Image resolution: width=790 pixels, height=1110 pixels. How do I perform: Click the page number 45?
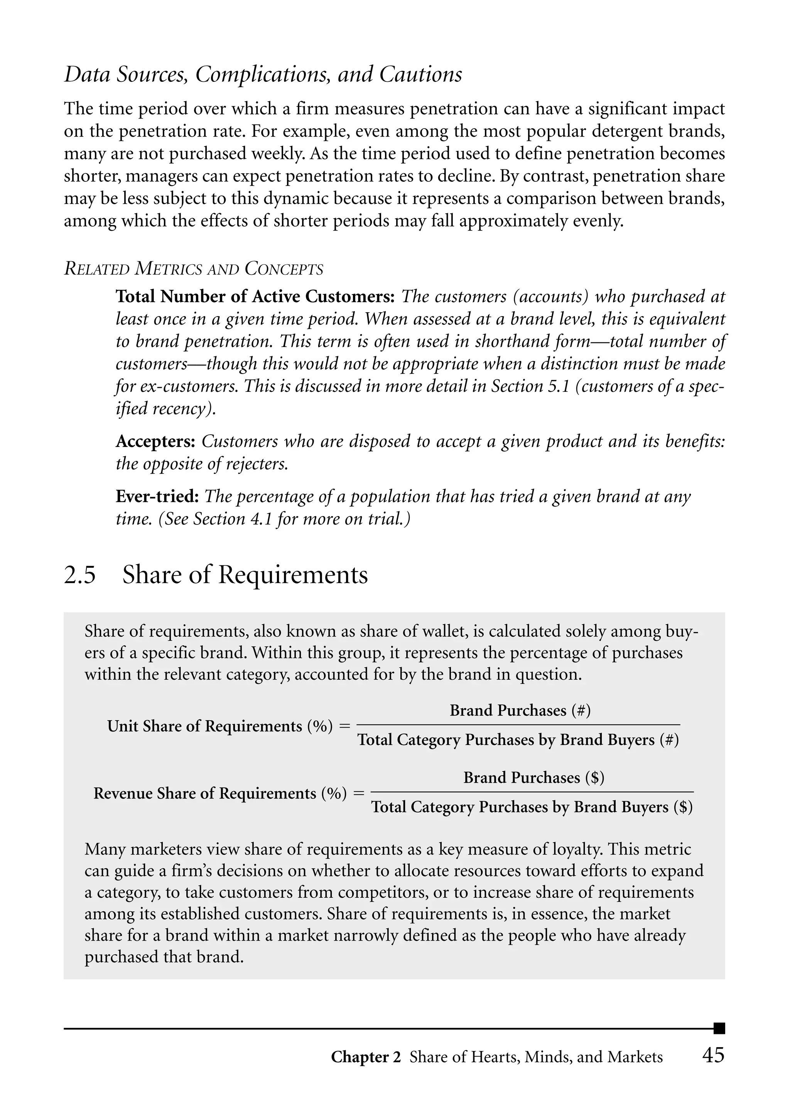pyautogui.click(x=713, y=1055)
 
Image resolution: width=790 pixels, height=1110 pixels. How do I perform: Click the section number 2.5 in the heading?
pyautogui.click(x=80, y=575)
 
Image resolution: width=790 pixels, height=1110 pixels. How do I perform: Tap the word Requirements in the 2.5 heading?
pyautogui.click(x=293, y=575)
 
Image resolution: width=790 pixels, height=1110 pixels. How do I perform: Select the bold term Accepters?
pyautogui.click(x=155, y=442)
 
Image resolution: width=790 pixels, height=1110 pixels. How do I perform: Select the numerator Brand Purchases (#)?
pyautogui.click(x=520, y=711)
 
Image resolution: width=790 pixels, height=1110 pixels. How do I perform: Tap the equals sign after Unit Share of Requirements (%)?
pyautogui.click(x=344, y=726)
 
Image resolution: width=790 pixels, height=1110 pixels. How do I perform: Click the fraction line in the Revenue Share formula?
pyautogui.click(x=535, y=793)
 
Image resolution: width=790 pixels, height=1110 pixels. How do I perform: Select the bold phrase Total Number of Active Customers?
pyautogui.click(x=257, y=296)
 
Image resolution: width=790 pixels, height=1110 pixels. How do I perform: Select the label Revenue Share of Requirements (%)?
pyautogui.click(x=220, y=793)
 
